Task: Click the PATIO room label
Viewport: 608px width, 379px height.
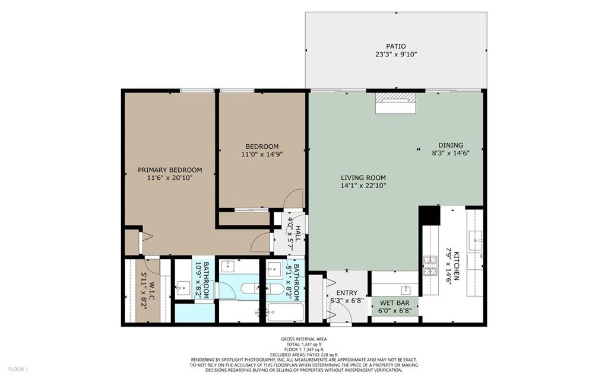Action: point(395,46)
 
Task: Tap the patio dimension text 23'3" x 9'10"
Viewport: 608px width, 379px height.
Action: point(395,55)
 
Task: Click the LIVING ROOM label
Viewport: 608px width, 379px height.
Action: point(363,178)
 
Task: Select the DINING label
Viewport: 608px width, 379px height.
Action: point(451,145)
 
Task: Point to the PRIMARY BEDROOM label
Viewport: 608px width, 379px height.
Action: point(170,170)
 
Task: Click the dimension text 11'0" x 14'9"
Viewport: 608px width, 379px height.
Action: point(262,154)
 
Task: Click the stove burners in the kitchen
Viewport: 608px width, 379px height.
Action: point(430,266)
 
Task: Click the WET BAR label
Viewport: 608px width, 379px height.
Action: point(395,302)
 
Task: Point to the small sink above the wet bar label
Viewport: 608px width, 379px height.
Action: point(406,289)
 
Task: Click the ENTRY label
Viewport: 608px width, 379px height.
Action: point(347,293)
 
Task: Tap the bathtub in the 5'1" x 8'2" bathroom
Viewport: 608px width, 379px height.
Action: point(286,313)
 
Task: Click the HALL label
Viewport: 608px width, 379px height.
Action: point(297,234)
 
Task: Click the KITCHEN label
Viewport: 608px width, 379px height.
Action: point(457,266)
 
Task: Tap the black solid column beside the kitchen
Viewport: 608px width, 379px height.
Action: point(430,215)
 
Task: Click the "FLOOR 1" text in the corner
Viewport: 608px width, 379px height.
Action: point(18,370)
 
